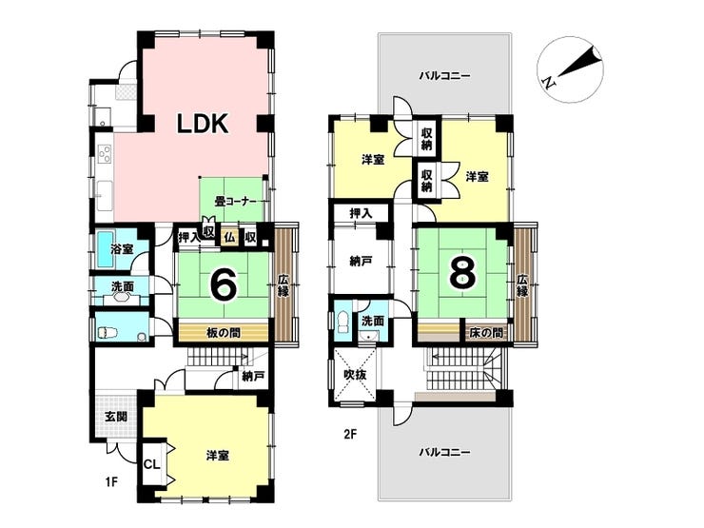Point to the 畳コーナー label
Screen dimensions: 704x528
[x=235, y=202]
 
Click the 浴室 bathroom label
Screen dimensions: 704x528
[x=122, y=248]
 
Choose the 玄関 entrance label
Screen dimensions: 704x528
[x=116, y=416]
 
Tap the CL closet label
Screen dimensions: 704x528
[x=152, y=464]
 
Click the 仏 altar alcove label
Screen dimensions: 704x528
[x=229, y=237]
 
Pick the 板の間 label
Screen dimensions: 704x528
[x=224, y=333]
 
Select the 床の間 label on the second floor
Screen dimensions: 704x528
[x=486, y=333]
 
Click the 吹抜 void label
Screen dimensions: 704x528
[x=355, y=374]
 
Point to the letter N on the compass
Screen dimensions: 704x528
[x=548, y=82]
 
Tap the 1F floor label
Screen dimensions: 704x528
[x=111, y=482]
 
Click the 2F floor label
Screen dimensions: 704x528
[x=350, y=434]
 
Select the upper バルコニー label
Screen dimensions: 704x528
[x=444, y=75]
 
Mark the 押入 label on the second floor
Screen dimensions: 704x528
[x=361, y=214]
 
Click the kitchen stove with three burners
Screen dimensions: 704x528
[x=105, y=154]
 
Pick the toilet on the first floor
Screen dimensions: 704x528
[x=107, y=332]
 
